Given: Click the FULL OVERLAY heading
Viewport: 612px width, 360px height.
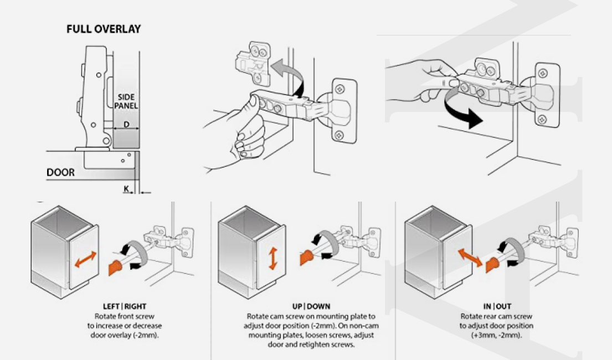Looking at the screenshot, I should pos(104,29).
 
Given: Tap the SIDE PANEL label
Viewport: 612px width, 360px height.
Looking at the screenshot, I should pos(126,101).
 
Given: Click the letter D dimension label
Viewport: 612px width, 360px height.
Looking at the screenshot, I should pos(126,125).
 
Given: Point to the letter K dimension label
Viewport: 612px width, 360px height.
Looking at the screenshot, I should pos(126,189).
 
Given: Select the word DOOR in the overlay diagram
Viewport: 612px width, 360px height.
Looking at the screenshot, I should pos(60,173).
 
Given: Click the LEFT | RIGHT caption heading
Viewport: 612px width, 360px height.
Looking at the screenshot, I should pos(125,306).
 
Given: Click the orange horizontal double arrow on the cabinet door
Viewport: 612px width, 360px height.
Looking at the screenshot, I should pos(85,259).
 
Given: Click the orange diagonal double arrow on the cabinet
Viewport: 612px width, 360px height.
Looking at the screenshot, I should pos(469,257).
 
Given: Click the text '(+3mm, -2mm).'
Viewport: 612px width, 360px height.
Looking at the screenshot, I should pos(496,335).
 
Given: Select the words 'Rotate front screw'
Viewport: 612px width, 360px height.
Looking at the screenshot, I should pos(125,316).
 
